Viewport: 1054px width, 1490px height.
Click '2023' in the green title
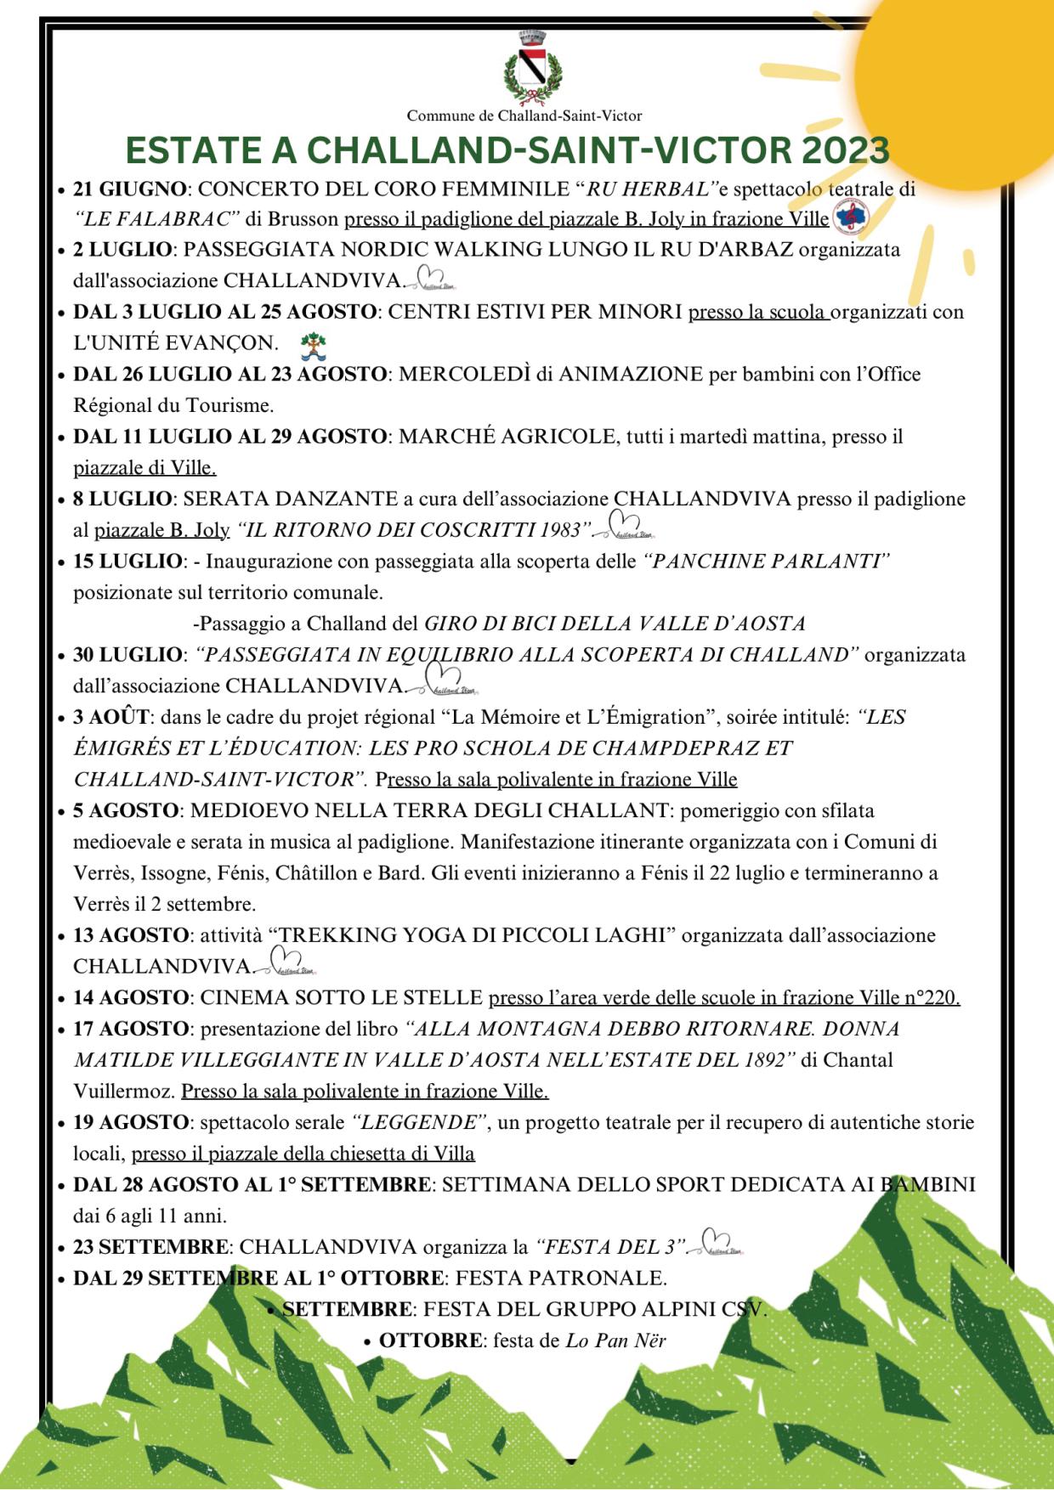point(844,150)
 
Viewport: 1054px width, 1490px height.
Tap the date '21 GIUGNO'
point(129,189)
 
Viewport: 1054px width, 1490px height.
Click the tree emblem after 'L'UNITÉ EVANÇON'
point(313,344)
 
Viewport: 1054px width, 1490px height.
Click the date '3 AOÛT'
point(110,717)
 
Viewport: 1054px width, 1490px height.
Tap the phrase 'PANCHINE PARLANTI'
point(768,562)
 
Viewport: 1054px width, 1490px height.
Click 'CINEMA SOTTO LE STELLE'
point(342,997)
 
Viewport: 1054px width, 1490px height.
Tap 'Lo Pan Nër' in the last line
point(616,1340)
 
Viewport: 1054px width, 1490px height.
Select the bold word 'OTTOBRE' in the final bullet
point(431,1340)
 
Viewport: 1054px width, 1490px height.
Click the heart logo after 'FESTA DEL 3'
point(719,1243)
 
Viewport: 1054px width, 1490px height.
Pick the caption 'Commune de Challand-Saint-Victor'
point(524,116)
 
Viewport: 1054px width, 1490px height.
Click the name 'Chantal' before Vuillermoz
point(858,1060)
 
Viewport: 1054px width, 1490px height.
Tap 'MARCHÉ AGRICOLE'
point(507,437)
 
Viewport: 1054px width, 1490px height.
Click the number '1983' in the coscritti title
point(560,530)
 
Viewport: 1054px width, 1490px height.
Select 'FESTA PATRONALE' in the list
point(561,1278)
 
